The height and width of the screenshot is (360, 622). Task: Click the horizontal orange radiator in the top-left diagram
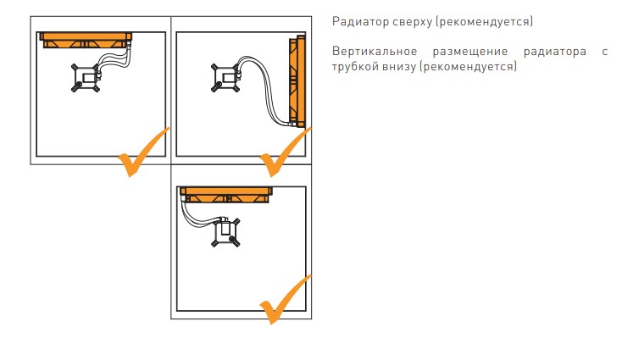click(x=85, y=39)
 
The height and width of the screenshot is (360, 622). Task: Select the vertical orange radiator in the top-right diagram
click(x=297, y=80)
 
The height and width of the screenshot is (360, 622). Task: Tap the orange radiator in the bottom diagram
click(x=227, y=193)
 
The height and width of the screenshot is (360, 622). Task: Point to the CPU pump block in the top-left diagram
click(x=86, y=79)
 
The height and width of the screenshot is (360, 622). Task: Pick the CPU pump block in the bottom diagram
click(x=225, y=231)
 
